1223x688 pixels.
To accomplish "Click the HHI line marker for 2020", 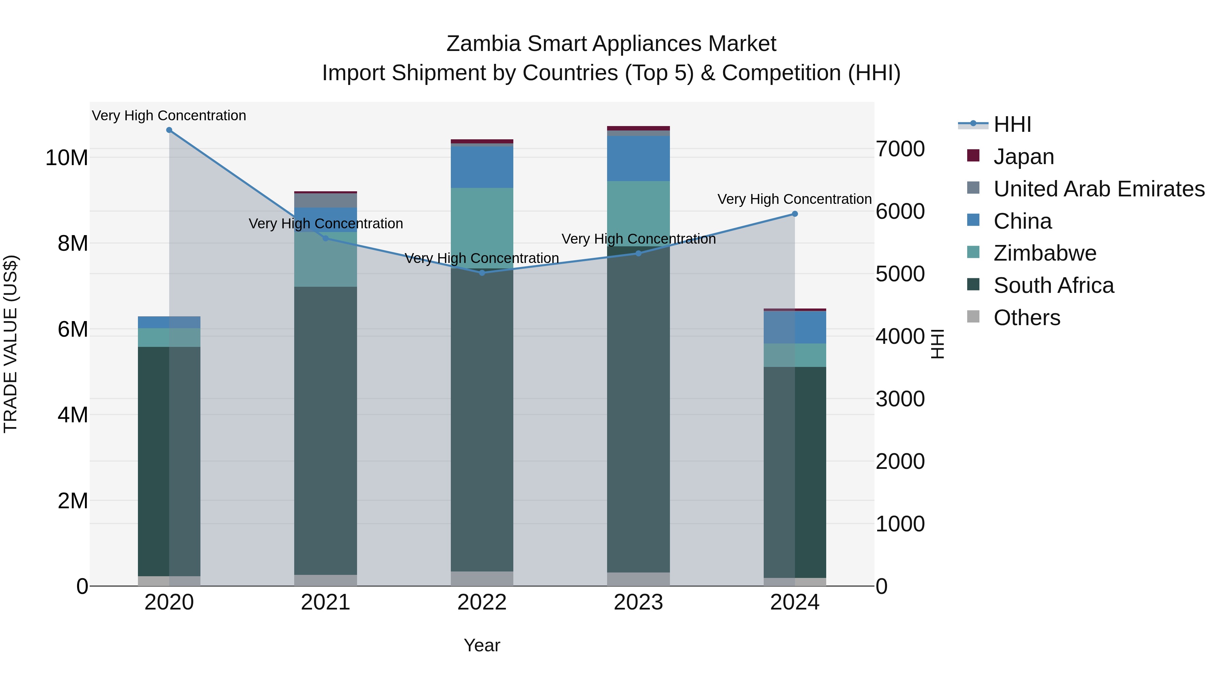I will (169, 130).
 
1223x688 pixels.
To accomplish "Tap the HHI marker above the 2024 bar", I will (795, 214).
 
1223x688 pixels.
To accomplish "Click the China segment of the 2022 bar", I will (482, 167).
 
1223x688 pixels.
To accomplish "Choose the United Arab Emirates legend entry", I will (1099, 189).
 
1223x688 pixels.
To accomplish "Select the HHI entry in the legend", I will (1012, 124).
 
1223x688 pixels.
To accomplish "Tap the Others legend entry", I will (1026, 318).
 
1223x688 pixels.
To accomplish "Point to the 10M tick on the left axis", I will (67, 158).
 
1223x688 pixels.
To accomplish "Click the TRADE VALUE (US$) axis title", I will (11, 344).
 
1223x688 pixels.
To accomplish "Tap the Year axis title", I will (482, 645).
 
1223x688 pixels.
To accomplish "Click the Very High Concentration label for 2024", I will (794, 199).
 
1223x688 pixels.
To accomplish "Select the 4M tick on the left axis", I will (73, 415).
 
